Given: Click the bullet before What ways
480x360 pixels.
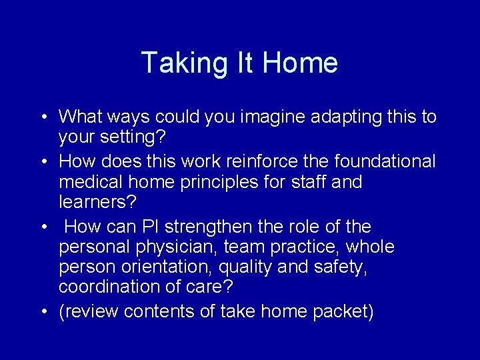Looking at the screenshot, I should point(41,118).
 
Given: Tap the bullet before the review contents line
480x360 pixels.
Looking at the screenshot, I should point(41,312).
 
